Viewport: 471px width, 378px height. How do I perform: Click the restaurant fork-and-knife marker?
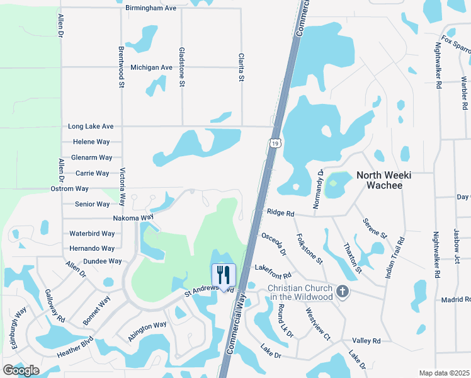pyautogui.click(x=224, y=275)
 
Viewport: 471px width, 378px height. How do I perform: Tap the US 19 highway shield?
pyautogui.click(x=275, y=144)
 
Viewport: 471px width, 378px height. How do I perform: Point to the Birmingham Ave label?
pyautogui.click(x=151, y=8)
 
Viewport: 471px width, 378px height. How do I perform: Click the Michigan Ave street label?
pyautogui.click(x=151, y=67)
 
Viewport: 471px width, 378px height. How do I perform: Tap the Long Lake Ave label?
pyautogui.click(x=91, y=127)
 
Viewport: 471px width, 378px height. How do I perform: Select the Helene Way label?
pyautogui.click(x=91, y=142)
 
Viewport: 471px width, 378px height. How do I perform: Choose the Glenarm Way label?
pyautogui.click(x=92, y=157)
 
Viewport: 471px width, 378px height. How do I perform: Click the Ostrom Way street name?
pyautogui.click(x=69, y=189)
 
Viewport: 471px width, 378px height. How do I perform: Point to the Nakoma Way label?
pyautogui.click(x=133, y=217)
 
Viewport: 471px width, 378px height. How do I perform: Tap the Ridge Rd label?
pyautogui.click(x=280, y=214)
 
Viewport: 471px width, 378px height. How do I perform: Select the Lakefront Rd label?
pyautogui.click(x=273, y=272)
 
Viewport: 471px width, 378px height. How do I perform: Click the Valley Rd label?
pyautogui.click(x=366, y=341)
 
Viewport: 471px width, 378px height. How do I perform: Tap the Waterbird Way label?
pyautogui.click(x=92, y=233)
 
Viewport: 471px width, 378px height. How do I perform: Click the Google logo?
pyautogui.click(x=21, y=370)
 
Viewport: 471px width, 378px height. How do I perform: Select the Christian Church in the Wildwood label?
pyautogui.click(x=300, y=292)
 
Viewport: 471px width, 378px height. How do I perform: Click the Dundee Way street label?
pyautogui.click(x=102, y=261)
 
